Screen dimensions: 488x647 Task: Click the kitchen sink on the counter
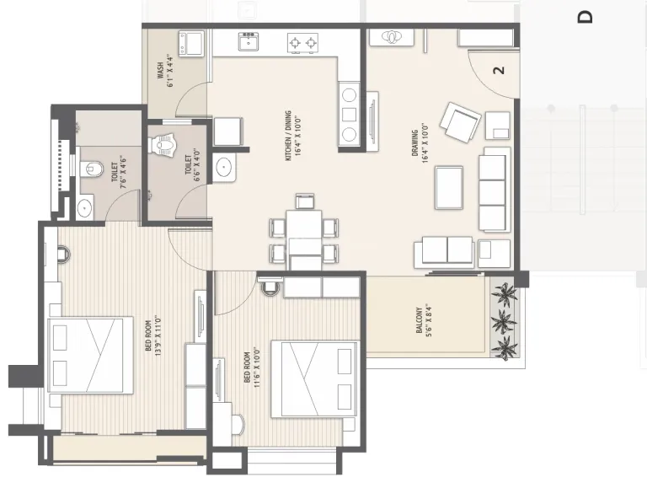pos(249,42)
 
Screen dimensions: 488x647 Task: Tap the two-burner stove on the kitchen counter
pos(301,41)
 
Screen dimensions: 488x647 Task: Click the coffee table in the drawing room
pos(448,186)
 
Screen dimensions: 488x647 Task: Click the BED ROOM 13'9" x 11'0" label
pos(152,335)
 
